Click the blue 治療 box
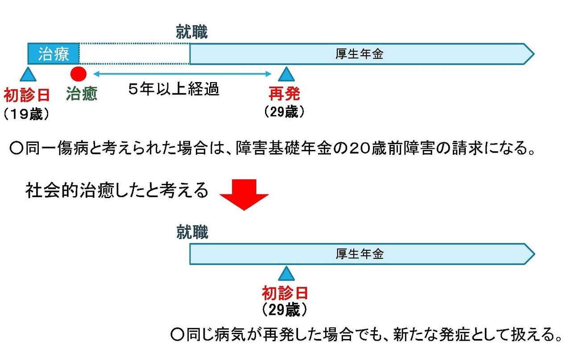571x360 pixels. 53,54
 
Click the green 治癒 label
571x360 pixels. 82,94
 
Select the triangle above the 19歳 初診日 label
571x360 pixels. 28,74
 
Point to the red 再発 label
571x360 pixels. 284,94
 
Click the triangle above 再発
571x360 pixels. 286,74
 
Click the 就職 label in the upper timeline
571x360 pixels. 192,33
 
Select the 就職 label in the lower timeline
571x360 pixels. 192,233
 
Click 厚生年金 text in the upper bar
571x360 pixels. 359,54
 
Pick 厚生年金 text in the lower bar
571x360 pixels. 359,255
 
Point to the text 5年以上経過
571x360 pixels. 174,89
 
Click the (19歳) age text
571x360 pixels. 26,114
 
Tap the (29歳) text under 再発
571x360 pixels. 284,112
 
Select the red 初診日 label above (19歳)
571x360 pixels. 27,95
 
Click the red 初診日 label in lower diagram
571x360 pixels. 285,293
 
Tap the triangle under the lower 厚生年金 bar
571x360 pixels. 286,273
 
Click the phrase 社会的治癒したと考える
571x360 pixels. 117,191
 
